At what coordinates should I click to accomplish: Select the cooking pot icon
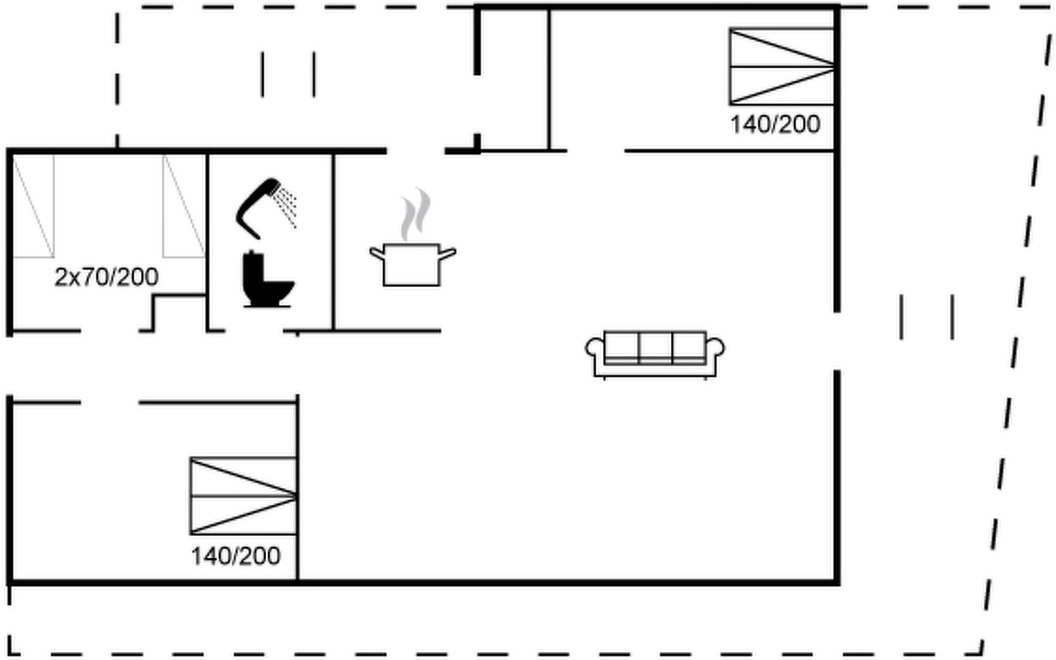pyautogui.click(x=412, y=265)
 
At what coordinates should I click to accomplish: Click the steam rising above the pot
pyautogui.click(x=416, y=215)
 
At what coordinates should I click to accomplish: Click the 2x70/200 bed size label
pyautogui.click(x=107, y=277)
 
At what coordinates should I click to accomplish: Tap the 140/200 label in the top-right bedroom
pyautogui.click(x=775, y=125)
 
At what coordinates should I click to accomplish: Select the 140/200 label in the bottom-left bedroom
pyautogui.click(x=235, y=557)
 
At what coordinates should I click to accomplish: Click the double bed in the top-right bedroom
pyautogui.click(x=782, y=67)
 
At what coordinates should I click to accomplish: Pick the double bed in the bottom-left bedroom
pyautogui.click(x=243, y=496)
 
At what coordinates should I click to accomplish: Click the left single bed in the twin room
pyautogui.click(x=34, y=206)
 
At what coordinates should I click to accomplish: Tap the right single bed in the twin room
pyautogui.click(x=184, y=206)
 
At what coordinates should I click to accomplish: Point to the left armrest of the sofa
pyautogui.click(x=595, y=349)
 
